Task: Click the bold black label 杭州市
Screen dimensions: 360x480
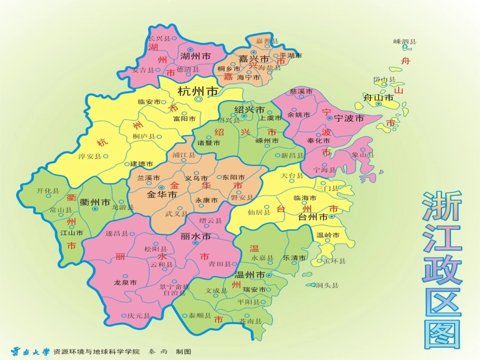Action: click(x=198, y=91)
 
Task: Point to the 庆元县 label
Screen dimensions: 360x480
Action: click(x=139, y=316)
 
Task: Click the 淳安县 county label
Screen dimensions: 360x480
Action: click(x=90, y=157)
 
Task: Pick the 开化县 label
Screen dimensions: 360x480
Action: click(x=48, y=191)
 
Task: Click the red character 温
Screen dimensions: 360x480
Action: click(x=254, y=248)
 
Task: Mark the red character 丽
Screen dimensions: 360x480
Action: click(x=120, y=257)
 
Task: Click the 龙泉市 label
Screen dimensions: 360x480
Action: click(x=125, y=283)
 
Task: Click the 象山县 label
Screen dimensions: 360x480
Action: click(x=363, y=155)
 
